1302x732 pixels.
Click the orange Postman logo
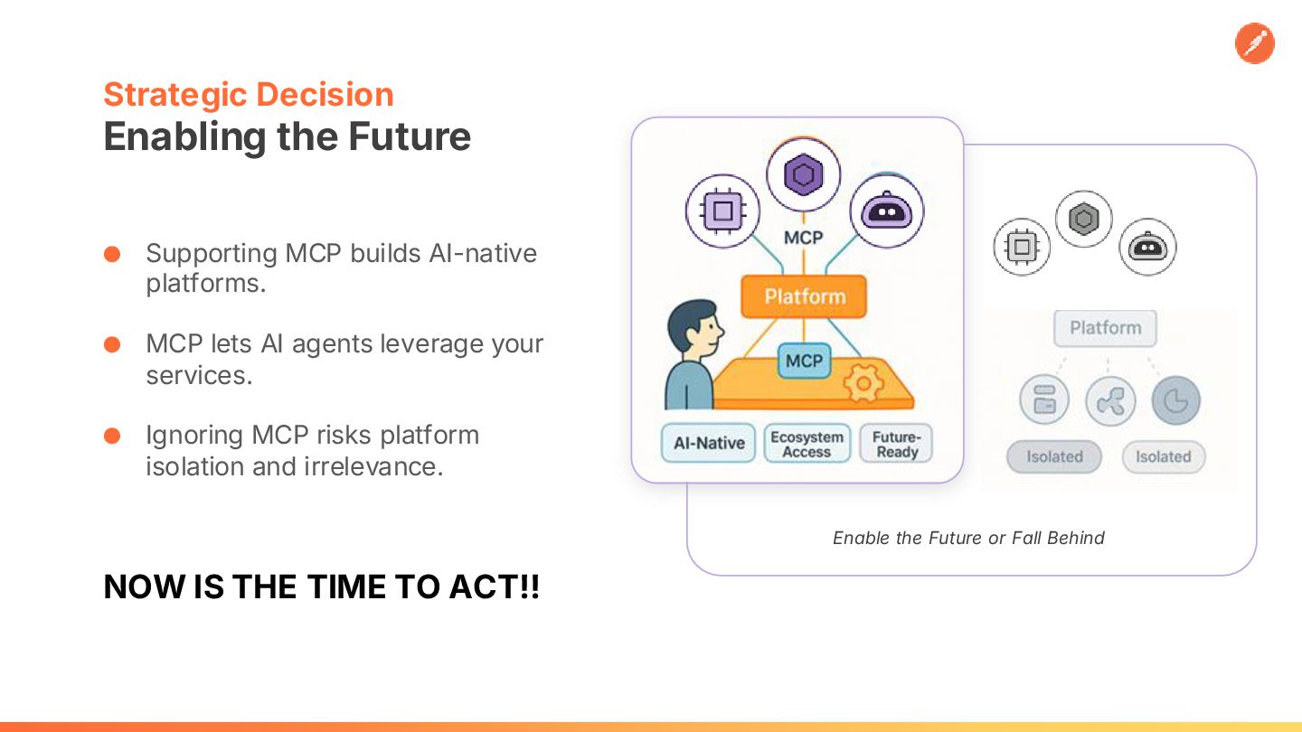pos(1254,43)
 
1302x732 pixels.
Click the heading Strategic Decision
pos(249,95)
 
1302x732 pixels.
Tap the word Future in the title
pos(410,136)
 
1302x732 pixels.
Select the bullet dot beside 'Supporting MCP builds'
pos(112,254)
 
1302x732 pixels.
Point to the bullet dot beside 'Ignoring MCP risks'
pos(112,436)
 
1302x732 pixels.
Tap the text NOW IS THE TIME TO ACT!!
pos(322,587)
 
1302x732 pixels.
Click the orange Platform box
pos(804,296)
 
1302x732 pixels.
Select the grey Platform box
pos(1105,328)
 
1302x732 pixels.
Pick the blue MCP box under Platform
pos(805,361)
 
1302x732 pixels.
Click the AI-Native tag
pos(709,443)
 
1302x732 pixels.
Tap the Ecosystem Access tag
pos(807,444)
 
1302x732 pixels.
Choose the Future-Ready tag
pos(896,444)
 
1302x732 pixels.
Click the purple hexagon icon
pos(803,174)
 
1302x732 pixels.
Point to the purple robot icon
pos(886,211)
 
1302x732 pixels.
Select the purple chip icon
pos(722,211)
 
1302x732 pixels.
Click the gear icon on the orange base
pos(863,383)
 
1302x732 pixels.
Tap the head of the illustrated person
pos(694,327)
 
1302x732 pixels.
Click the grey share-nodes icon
pos(1110,401)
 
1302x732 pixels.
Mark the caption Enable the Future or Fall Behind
pos(968,538)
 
